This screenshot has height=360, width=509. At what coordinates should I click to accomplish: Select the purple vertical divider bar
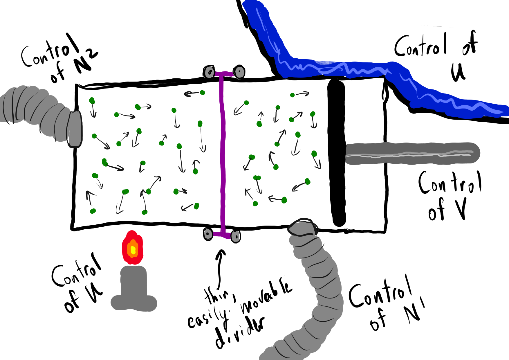[223, 154]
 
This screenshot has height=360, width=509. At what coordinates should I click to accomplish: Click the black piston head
[337, 152]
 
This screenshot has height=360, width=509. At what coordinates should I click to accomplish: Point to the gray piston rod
[412, 154]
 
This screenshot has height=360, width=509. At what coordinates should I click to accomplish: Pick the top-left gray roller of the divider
[209, 72]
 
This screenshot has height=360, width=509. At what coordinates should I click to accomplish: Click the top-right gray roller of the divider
[239, 71]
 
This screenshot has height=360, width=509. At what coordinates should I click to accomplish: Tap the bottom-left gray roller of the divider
[208, 234]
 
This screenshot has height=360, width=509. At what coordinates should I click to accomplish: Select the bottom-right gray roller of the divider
[236, 236]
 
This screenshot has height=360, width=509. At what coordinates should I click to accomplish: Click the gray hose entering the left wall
[44, 115]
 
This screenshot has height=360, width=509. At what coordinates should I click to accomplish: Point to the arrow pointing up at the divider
[220, 269]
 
